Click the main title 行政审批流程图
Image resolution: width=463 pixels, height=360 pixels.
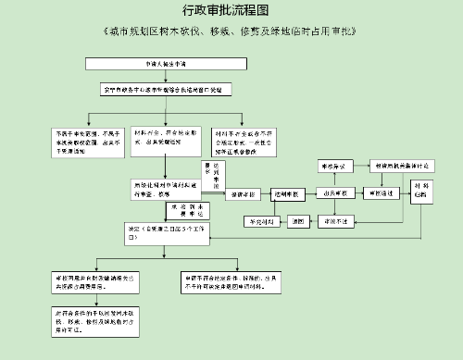[x=231, y=12]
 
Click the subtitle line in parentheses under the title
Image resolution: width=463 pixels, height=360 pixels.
[x=231, y=31]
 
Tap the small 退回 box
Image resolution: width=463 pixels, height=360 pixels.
[x=298, y=222]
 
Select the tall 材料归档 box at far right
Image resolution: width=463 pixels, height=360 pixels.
[x=420, y=192]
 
